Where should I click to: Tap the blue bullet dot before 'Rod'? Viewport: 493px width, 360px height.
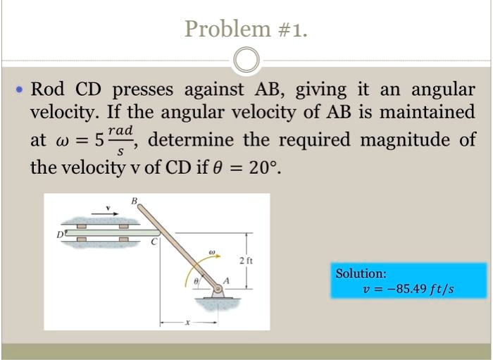(x=20, y=91)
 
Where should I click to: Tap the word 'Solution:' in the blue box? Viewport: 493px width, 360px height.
(x=361, y=273)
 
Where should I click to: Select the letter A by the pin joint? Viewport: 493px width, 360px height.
(x=226, y=282)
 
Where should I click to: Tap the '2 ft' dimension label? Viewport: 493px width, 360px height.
(x=246, y=261)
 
